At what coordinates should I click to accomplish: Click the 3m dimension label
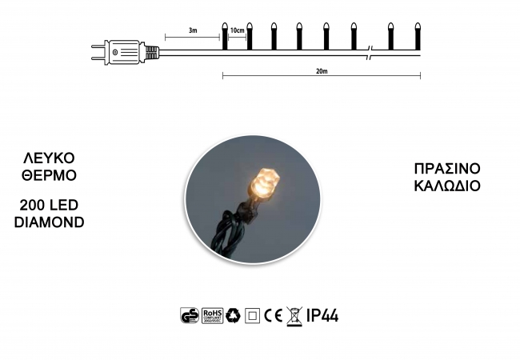tap(193, 30)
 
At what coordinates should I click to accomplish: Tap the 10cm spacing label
tap(237, 30)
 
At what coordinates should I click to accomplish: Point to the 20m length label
tap(322, 71)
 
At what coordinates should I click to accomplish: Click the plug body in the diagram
tap(124, 52)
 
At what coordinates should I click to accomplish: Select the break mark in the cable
tap(370, 53)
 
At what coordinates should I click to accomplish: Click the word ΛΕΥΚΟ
tap(49, 158)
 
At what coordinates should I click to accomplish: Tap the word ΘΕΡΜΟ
tap(49, 175)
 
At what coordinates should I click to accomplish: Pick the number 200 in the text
tap(31, 205)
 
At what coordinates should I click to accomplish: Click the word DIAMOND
tap(49, 222)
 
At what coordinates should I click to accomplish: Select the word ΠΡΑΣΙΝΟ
tap(447, 169)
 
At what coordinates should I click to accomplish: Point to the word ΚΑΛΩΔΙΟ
tap(447, 186)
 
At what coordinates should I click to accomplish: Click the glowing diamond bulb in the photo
tap(265, 183)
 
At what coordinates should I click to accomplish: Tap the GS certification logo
tap(190, 315)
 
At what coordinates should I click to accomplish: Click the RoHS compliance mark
tap(212, 315)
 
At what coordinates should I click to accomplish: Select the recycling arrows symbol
tap(233, 315)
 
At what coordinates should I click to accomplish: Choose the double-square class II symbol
tap(252, 315)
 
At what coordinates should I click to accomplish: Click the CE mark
tap(274, 315)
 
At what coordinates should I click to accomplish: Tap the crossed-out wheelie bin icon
tap(294, 317)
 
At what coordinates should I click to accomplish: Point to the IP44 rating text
tap(322, 315)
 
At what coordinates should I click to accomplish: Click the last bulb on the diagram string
tap(418, 36)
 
